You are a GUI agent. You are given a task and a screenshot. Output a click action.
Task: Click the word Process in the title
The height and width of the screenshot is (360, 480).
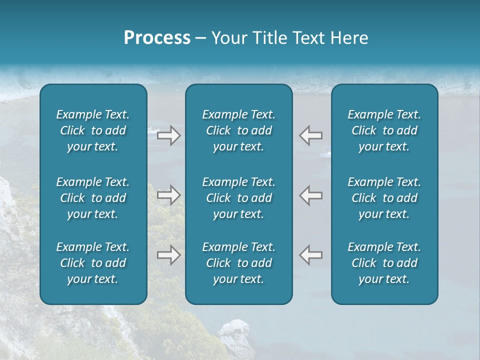point(157,38)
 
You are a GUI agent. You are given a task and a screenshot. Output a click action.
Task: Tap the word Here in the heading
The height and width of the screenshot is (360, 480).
point(348,38)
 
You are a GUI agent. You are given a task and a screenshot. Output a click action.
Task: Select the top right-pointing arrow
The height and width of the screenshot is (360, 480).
point(168,135)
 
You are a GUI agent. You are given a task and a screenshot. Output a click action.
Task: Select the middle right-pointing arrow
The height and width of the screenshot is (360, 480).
point(168,195)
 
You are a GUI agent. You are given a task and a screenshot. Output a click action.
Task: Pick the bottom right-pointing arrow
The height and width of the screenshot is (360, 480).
point(168,255)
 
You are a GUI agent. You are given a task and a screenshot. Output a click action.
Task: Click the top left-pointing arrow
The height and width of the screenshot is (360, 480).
point(310,135)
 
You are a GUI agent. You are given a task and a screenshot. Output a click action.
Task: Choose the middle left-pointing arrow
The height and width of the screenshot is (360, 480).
point(310,195)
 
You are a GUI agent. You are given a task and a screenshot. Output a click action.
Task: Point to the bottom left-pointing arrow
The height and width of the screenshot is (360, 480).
point(310,255)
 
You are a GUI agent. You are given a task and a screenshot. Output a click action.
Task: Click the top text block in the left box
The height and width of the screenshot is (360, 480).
point(93,130)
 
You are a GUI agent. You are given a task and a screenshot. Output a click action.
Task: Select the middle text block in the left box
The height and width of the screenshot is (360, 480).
point(93,198)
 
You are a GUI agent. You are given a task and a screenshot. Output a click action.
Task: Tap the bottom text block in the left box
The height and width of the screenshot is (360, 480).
point(93,263)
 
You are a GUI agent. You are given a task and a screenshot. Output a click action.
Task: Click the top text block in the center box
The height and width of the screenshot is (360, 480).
point(238,130)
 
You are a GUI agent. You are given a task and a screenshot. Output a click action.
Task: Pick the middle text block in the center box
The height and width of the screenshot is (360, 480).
point(238,198)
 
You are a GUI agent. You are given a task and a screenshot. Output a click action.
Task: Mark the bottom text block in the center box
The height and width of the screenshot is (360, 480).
point(238,263)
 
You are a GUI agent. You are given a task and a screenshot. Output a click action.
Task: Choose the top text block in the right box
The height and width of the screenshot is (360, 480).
point(384,130)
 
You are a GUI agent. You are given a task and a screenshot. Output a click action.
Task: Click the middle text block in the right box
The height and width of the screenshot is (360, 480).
point(384,198)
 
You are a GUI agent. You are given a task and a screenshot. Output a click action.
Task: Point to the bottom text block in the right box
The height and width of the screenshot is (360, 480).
point(384,263)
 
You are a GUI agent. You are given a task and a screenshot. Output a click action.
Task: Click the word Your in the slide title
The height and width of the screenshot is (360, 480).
point(228,38)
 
